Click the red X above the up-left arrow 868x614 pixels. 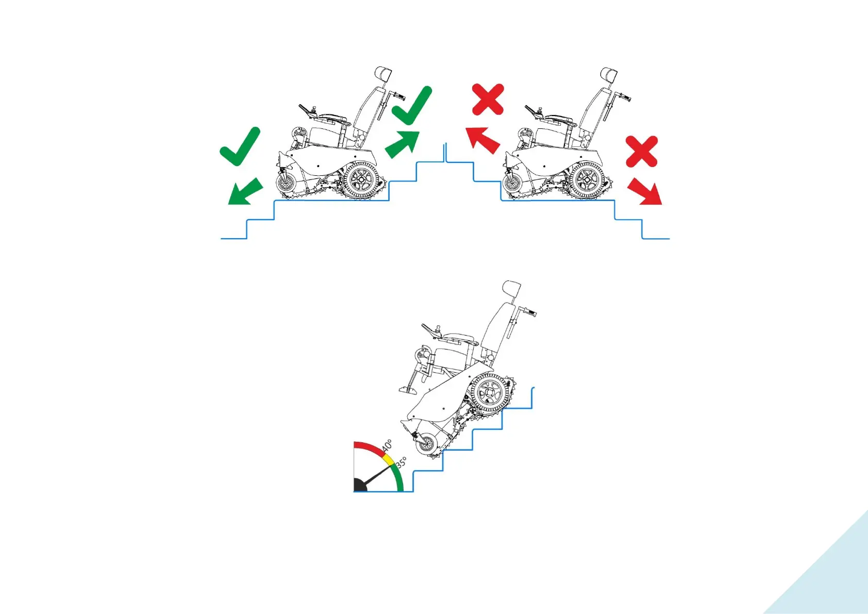488,99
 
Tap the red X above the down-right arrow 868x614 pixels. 642,151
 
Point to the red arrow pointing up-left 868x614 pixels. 481,140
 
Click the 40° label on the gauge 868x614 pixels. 387,446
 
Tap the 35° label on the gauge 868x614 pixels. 402,462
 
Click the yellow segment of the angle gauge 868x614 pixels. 388,460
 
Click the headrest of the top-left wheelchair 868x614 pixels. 383,73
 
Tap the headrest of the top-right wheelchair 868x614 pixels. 608,73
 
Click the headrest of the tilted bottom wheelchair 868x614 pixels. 511,288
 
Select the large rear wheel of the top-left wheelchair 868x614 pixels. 361,180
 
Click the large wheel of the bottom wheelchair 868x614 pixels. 490,392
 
